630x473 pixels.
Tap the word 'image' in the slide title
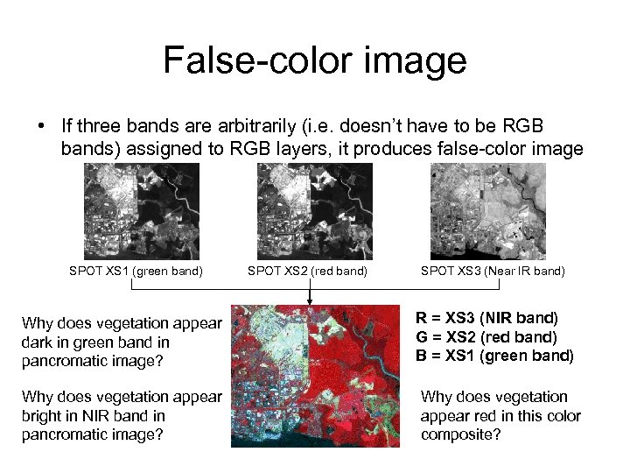click(417, 61)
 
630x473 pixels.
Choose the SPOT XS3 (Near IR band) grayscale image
click(488, 211)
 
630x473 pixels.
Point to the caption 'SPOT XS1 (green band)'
click(136, 272)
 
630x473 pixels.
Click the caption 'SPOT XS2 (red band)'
click(308, 272)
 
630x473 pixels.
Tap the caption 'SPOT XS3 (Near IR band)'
click(493, 272)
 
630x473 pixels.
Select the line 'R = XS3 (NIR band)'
click(486, 318)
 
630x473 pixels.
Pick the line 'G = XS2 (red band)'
click(486, 336)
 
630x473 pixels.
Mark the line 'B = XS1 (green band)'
click(494, 356)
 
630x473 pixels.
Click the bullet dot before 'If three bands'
click(42, 126)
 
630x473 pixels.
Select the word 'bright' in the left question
click(44, 415)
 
